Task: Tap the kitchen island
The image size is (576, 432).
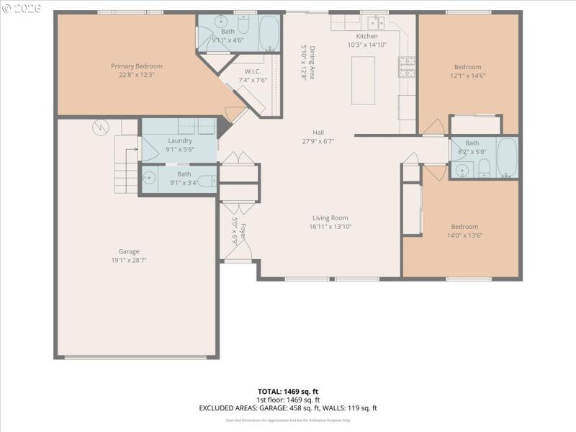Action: [x=363, y=80]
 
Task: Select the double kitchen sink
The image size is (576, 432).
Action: [x=374, y=22]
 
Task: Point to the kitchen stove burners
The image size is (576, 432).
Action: [x=407, y=67]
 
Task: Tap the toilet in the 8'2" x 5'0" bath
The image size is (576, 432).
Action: [x=484, y=168]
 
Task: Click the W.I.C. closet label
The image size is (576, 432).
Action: [x=252, y=71]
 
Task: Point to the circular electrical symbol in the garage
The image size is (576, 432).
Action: [x=99, y=127]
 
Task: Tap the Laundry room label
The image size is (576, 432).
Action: [x=179, y=140]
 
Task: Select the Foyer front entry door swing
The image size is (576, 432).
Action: [x=238, y=251]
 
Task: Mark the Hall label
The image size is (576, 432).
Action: [x=318, y=132]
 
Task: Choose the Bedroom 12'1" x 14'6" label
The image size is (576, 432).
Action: [x=467, y=66]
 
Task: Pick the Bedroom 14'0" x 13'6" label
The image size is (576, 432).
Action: [x=464, y=226]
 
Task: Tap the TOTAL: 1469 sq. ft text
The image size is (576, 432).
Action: [x=288, y=391]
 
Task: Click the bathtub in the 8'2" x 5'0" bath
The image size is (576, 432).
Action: [x=507, y=158]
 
